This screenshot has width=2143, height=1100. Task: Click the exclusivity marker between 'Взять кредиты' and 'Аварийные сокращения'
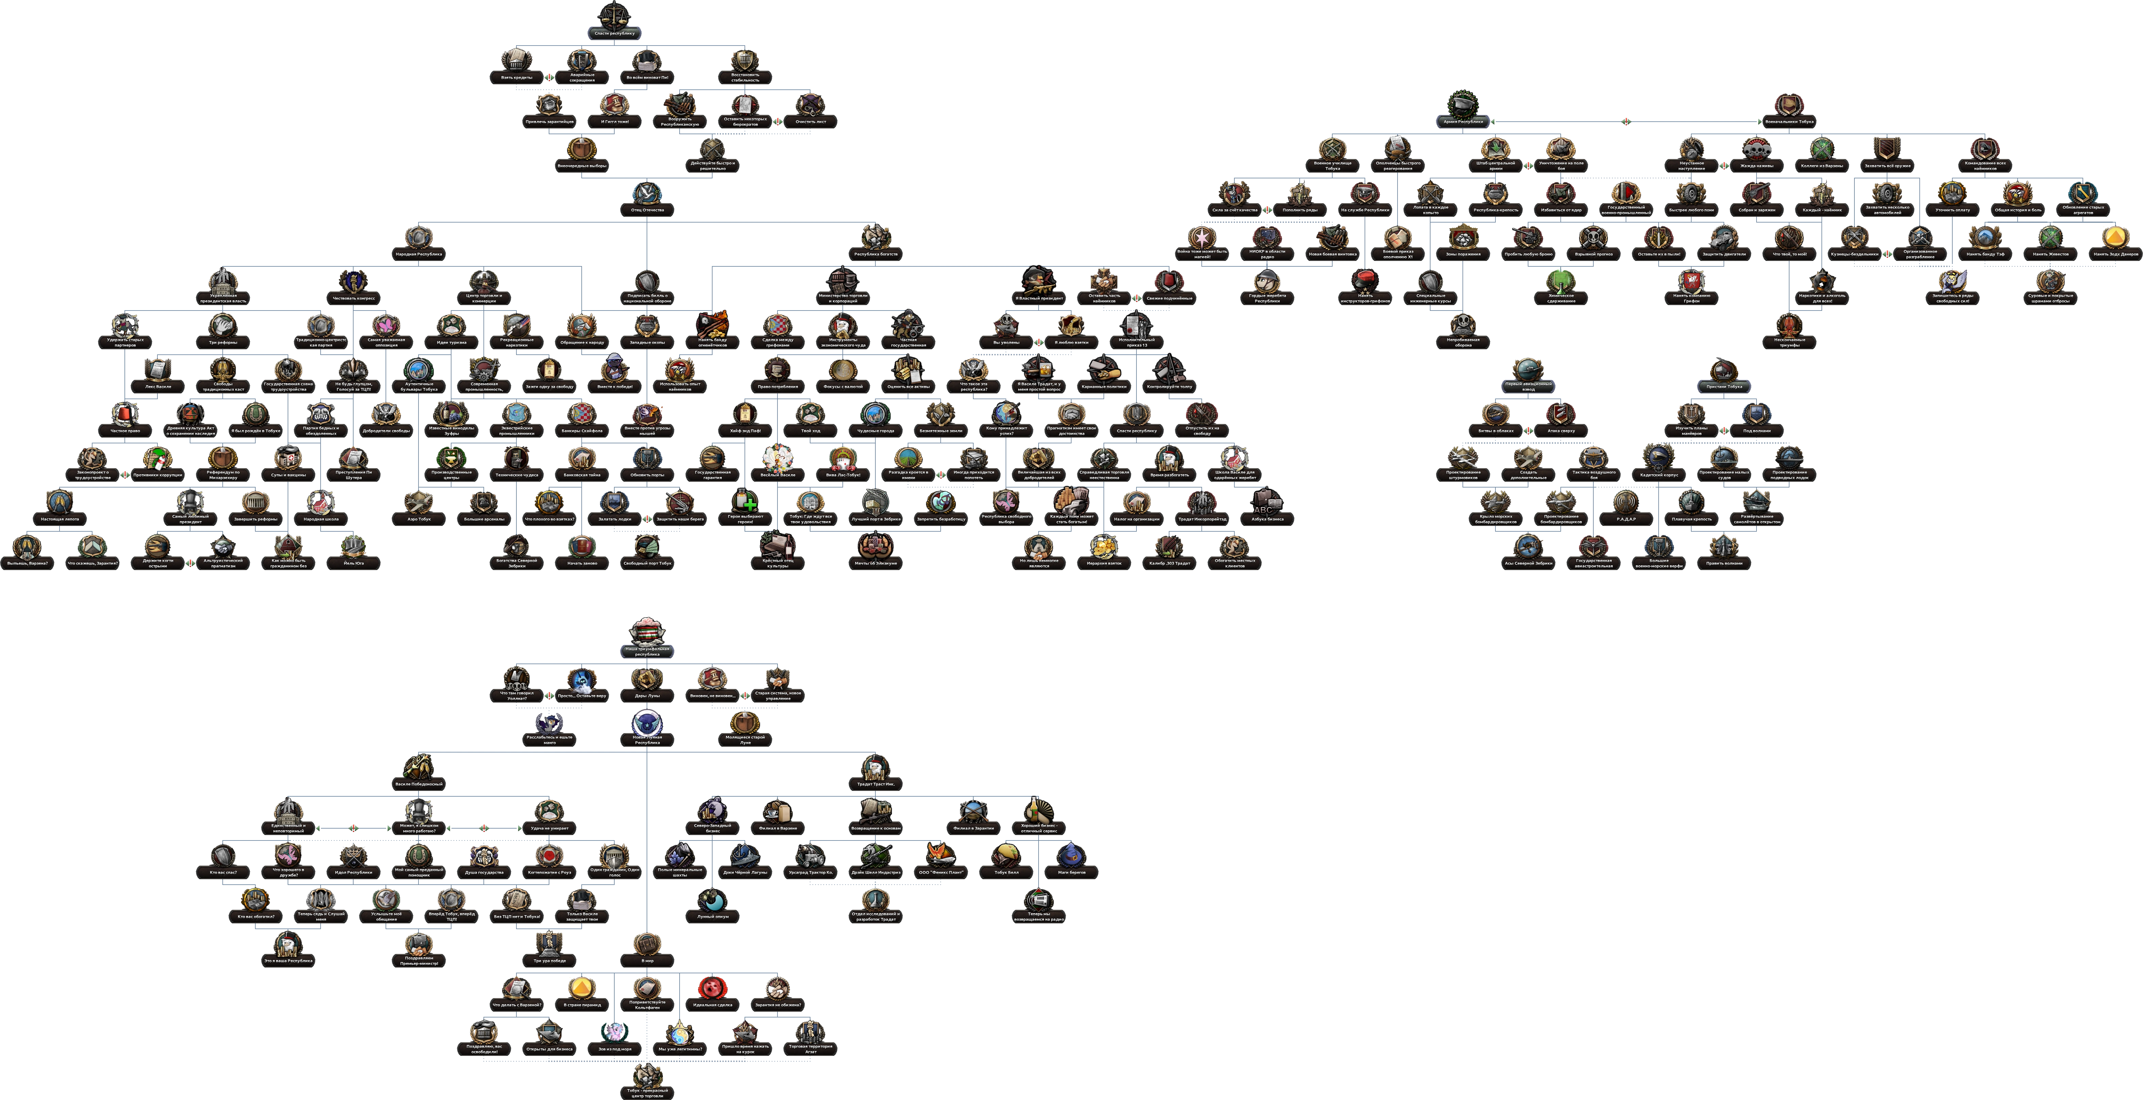click(549, 77)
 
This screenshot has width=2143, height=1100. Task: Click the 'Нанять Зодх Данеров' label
click(2115, 253)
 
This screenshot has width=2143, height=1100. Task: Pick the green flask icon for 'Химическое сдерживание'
click(1561, 280)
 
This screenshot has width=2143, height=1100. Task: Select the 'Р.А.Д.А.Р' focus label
click(1626, 519)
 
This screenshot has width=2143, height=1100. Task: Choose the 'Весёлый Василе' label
click(778, 475)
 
